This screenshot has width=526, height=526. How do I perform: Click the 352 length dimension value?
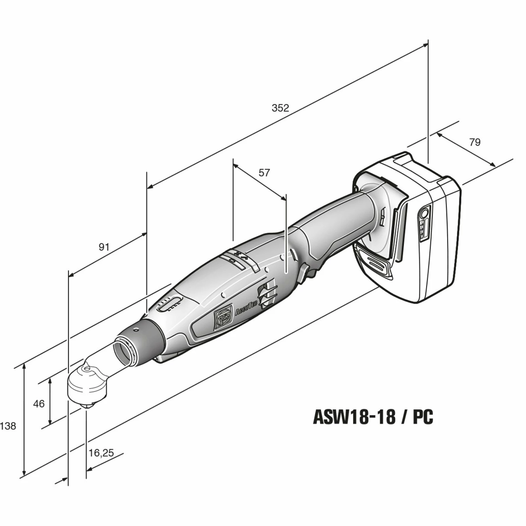(x=281, y=108)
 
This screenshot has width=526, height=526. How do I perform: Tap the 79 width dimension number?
(x=474, y=142)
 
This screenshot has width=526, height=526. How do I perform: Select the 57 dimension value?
(x=264, y=173)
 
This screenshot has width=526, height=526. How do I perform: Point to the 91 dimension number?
(x=104, y=247)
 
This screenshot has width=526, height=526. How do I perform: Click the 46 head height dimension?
(x=39, y=404)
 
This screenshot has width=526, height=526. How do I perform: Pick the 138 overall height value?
(x=8, y=426)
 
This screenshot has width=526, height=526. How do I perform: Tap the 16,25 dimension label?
(x=101, y=453)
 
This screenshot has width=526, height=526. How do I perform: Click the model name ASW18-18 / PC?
(x=373, y=417)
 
